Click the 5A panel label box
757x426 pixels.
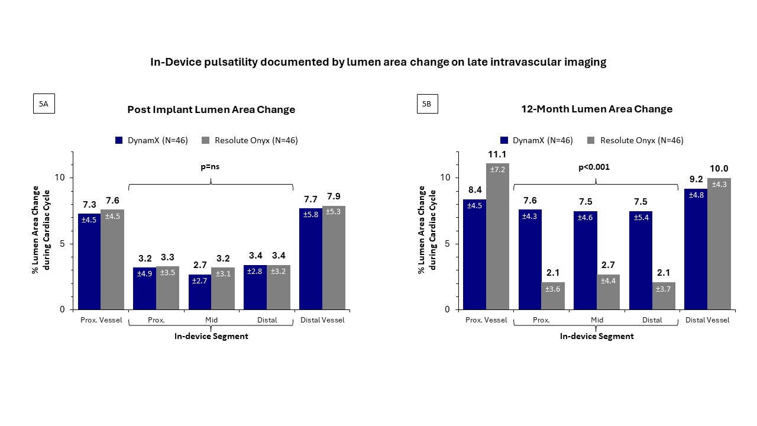[x=43, y=104]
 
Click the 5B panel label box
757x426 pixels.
[x=426, y=104]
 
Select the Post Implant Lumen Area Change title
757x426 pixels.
[x=211, y=109]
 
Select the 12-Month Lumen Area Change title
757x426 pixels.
[x=597, y=109]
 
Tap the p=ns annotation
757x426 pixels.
[x=211, y=167]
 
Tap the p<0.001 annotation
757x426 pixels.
[x=594, y=167]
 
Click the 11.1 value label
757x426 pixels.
[x=497, y=154]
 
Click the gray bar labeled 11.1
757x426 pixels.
[x=497, y=237]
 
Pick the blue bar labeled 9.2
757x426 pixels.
[x=696, y=248]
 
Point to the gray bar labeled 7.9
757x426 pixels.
[x=334, y=257]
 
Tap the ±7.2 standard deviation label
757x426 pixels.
[x=497, y=170]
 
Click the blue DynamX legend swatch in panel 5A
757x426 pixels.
[x=119, y=140]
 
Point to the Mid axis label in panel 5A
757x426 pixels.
[x=211, y=320]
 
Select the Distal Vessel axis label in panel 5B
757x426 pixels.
[x=707, y=320]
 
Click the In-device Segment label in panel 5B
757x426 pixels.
[x=597, y=336]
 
